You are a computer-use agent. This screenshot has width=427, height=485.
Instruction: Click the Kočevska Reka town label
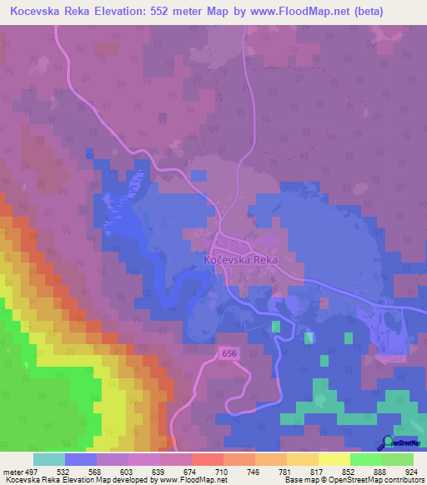point(240,260)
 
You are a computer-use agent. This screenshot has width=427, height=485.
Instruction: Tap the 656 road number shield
point(229,354)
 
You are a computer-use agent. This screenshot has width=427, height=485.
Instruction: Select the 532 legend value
point(81,472)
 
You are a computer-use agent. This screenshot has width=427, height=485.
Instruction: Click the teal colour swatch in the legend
point(49,459)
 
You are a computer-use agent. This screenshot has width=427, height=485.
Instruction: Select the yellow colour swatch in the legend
point(334,459)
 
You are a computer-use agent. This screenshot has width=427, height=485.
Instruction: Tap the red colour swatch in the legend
point(208,459)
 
